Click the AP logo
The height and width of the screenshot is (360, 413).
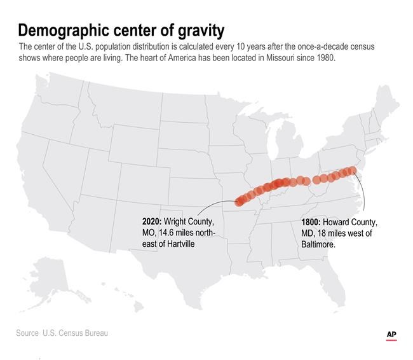[391, 335]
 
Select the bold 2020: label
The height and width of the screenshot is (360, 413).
[152, 221]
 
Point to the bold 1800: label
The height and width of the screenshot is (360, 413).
[311, 222]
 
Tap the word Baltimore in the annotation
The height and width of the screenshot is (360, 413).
[318, 244]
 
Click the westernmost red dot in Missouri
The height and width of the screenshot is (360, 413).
[240, 202]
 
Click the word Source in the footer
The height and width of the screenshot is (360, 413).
[28, 333]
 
